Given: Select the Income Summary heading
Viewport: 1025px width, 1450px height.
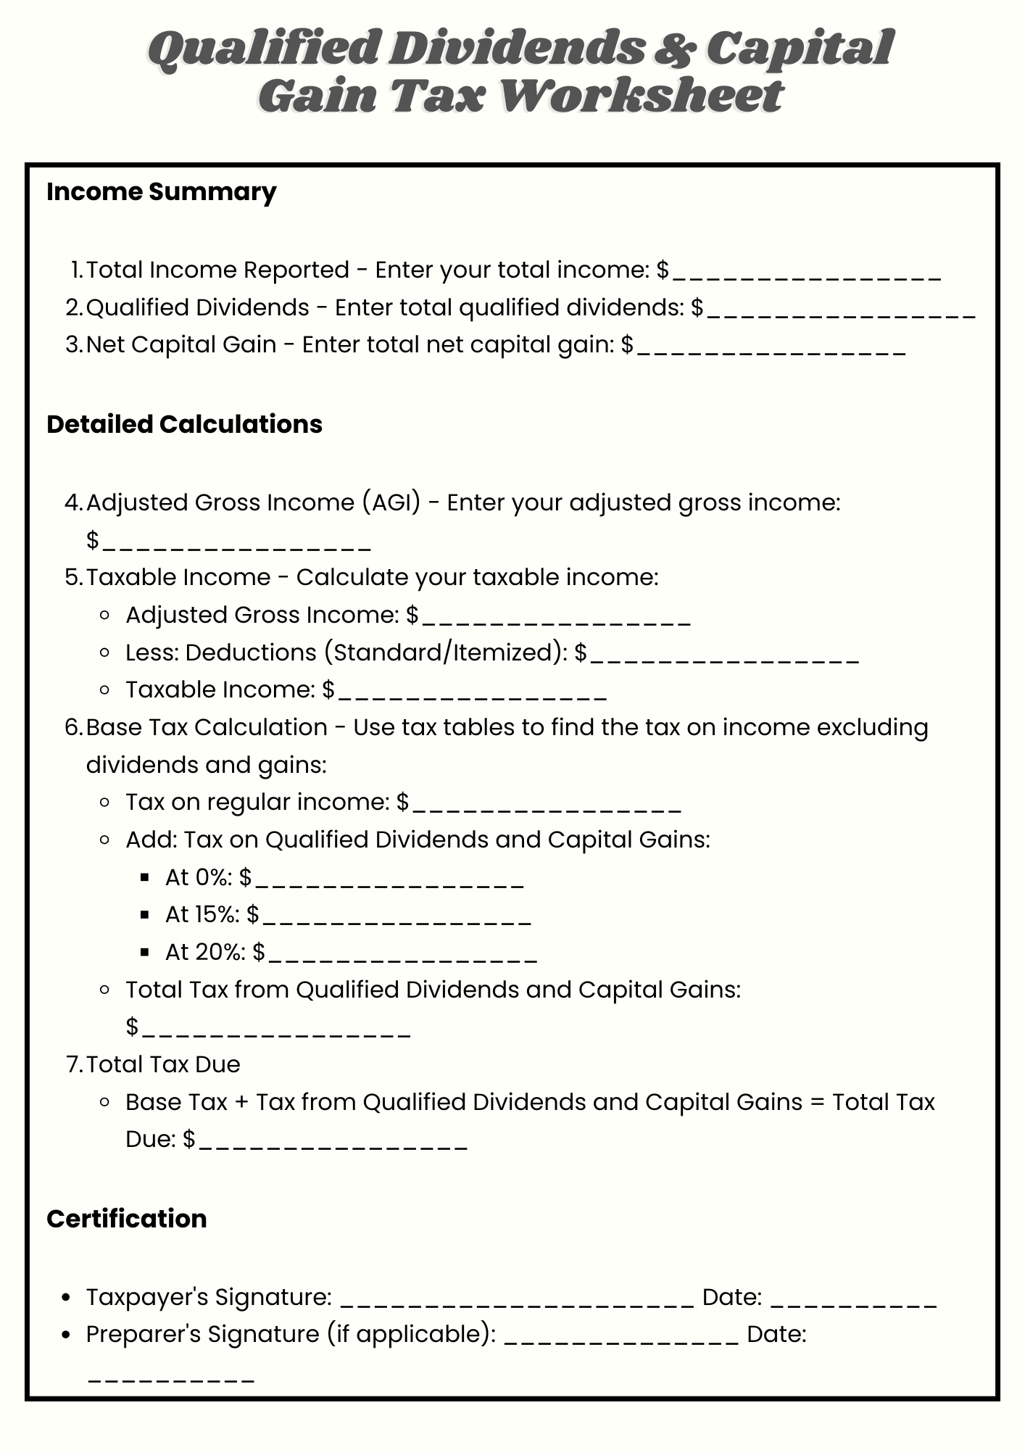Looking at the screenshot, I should coord(161,192).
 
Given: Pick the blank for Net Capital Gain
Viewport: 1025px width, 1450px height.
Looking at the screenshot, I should coord(771,350).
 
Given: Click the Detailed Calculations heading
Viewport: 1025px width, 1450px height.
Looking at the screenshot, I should coord(184,425).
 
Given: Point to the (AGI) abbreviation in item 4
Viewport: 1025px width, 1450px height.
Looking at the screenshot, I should coord(391,502).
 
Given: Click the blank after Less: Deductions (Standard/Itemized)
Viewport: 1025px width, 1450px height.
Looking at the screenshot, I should coord(725,658).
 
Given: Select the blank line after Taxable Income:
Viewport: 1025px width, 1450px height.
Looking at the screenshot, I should coord(472,695).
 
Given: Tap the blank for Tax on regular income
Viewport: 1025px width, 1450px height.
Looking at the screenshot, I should coord(547,808).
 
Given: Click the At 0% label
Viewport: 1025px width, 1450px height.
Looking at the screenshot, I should coord(198,878).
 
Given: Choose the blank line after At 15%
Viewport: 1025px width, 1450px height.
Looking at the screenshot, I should coord(397,920).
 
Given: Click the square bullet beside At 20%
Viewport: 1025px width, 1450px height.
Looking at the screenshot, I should coord(146,953).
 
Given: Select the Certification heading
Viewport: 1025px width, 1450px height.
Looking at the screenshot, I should coord(127,1219).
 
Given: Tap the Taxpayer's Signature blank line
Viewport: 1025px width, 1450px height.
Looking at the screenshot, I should coord(517,1303).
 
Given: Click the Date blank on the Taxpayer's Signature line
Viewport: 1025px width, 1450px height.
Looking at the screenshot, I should coord(853,1303).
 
